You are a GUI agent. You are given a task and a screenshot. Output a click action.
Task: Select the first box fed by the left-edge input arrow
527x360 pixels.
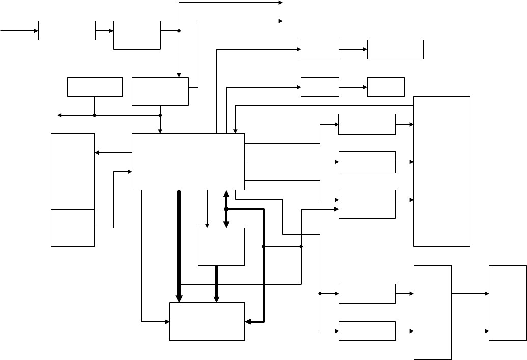click(x=67, y=31)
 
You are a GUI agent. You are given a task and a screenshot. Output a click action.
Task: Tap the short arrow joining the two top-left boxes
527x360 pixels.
click(x=104, y=31)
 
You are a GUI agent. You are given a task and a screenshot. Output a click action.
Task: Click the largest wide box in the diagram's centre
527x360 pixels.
click(x=188, y=162)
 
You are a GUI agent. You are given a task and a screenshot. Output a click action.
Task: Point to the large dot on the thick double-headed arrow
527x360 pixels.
click(x=226, y=209)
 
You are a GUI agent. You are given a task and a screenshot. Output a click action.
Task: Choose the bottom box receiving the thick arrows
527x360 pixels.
click(x=207, y=321)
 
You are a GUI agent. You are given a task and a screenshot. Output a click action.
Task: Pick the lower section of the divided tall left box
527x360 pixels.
click(x=73, y=228)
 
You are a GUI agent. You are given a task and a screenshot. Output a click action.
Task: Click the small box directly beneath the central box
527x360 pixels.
click(x=221, y=246)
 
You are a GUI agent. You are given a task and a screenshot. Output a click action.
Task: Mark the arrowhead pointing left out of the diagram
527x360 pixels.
click(x=59, y=115)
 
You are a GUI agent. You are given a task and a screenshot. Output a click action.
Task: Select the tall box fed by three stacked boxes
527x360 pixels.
click(x=442, y=171)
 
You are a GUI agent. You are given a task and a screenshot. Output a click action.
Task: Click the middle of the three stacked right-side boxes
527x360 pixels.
click(x=367, y=162)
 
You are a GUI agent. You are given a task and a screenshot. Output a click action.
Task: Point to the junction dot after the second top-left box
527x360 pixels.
click(x=179, y=31)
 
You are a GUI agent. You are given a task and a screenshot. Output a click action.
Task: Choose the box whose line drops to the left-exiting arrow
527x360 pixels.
click(x=95, y=87)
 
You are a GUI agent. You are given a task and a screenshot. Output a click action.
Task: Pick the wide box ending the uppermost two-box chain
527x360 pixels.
click(x=395, y=49)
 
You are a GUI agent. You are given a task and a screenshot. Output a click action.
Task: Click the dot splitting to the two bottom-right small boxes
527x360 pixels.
click(x=320, y=294)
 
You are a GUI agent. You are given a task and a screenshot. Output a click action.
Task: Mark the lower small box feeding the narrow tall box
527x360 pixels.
click(x=367, y=331)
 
